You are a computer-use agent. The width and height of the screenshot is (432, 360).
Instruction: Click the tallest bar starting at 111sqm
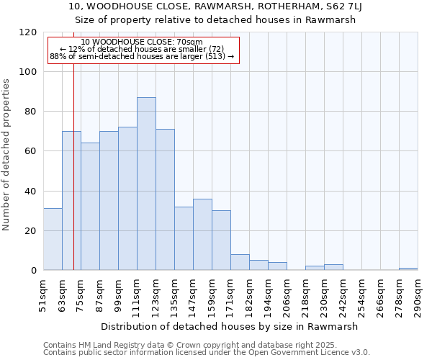coord(146,184)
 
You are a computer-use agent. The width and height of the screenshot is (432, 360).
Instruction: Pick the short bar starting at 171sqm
coord(240,263)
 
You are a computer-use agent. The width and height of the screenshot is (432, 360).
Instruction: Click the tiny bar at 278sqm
coord(408,269)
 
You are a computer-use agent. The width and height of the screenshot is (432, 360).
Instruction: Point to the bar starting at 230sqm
coord(333,267)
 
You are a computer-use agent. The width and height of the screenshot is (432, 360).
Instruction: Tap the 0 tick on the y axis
coord(34,271)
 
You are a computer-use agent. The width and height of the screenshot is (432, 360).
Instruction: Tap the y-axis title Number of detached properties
coord(6,155)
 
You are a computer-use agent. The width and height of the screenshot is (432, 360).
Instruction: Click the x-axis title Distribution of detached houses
coord(229,326)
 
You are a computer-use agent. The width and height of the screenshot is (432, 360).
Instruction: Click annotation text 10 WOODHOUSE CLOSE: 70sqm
coord(142,42)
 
